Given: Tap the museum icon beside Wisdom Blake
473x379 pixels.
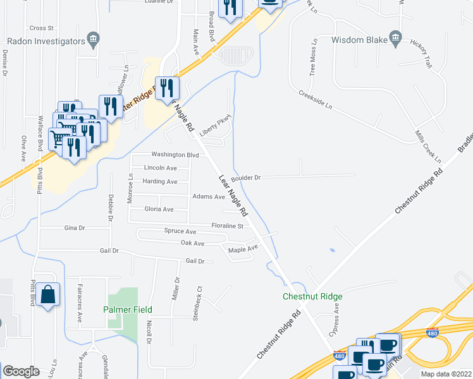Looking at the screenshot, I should point(396,39).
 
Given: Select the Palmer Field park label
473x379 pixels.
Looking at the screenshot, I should point(126,310).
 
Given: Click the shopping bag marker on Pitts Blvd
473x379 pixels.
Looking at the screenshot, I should point(48,295).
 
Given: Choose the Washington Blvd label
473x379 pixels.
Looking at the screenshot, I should point(175,155).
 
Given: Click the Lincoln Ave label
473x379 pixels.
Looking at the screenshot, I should point(161,168).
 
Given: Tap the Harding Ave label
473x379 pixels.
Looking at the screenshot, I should point(160,181).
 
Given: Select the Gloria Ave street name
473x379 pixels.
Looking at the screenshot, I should point(159,209).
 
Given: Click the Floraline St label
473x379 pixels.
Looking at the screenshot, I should point(228,226).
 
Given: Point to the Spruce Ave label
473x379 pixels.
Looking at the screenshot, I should point(180,232).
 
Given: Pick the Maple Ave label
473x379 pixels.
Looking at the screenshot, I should point(243,249).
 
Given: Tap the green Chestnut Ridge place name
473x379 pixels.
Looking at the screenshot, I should point(313,296).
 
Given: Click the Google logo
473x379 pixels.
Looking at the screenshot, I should point(21,371).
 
